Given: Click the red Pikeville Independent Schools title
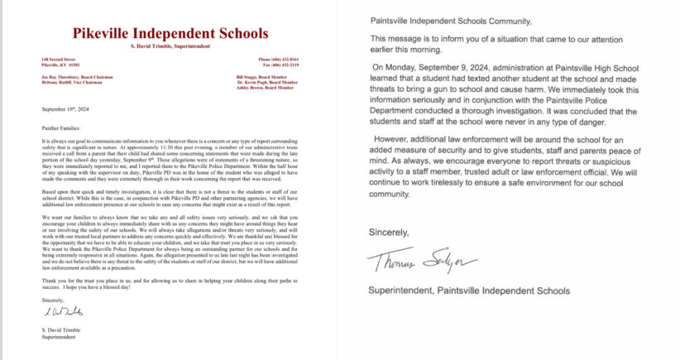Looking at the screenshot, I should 170,33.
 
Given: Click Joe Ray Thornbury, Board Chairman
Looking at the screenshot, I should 72,75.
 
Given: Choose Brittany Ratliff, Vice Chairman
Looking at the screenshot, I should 69,81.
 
